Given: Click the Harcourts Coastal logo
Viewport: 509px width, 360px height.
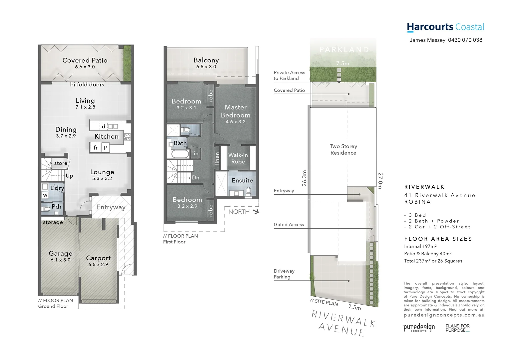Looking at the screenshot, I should pos(445,27).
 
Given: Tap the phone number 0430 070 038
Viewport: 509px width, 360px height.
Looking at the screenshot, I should pos(465,40).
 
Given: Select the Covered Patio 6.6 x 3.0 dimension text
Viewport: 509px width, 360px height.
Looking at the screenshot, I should pos(85,67).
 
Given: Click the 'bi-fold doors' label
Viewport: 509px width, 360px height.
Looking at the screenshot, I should pos(87,85).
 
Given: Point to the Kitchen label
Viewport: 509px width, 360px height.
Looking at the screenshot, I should pos(106,136).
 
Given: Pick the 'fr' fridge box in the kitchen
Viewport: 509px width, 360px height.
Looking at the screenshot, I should pos(96,147).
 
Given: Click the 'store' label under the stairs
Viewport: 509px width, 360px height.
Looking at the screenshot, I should pos(61,163).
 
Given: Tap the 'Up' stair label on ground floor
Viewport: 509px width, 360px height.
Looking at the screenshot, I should pos(69,176).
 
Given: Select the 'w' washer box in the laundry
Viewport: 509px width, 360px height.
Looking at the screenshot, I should pos(45,195).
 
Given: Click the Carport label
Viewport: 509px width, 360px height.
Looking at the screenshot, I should pos(98,258).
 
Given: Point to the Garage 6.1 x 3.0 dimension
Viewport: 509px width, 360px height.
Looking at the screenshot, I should pos(60,260).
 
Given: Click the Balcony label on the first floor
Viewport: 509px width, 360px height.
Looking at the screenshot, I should pos(206,60).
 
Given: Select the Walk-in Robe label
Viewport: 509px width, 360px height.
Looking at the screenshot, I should pos(238,158).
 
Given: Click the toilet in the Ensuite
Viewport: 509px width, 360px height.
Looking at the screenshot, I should pos(248,191).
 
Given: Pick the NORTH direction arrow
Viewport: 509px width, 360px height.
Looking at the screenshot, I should pos(255,211).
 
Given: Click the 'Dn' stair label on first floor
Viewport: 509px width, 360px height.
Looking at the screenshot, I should pos(196,178).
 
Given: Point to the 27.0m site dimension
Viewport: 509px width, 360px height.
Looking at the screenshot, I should pos(380,181).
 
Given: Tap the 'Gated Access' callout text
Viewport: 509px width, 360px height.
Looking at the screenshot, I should pos(289,225).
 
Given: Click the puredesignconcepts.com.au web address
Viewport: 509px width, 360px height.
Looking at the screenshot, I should pos(444,315).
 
